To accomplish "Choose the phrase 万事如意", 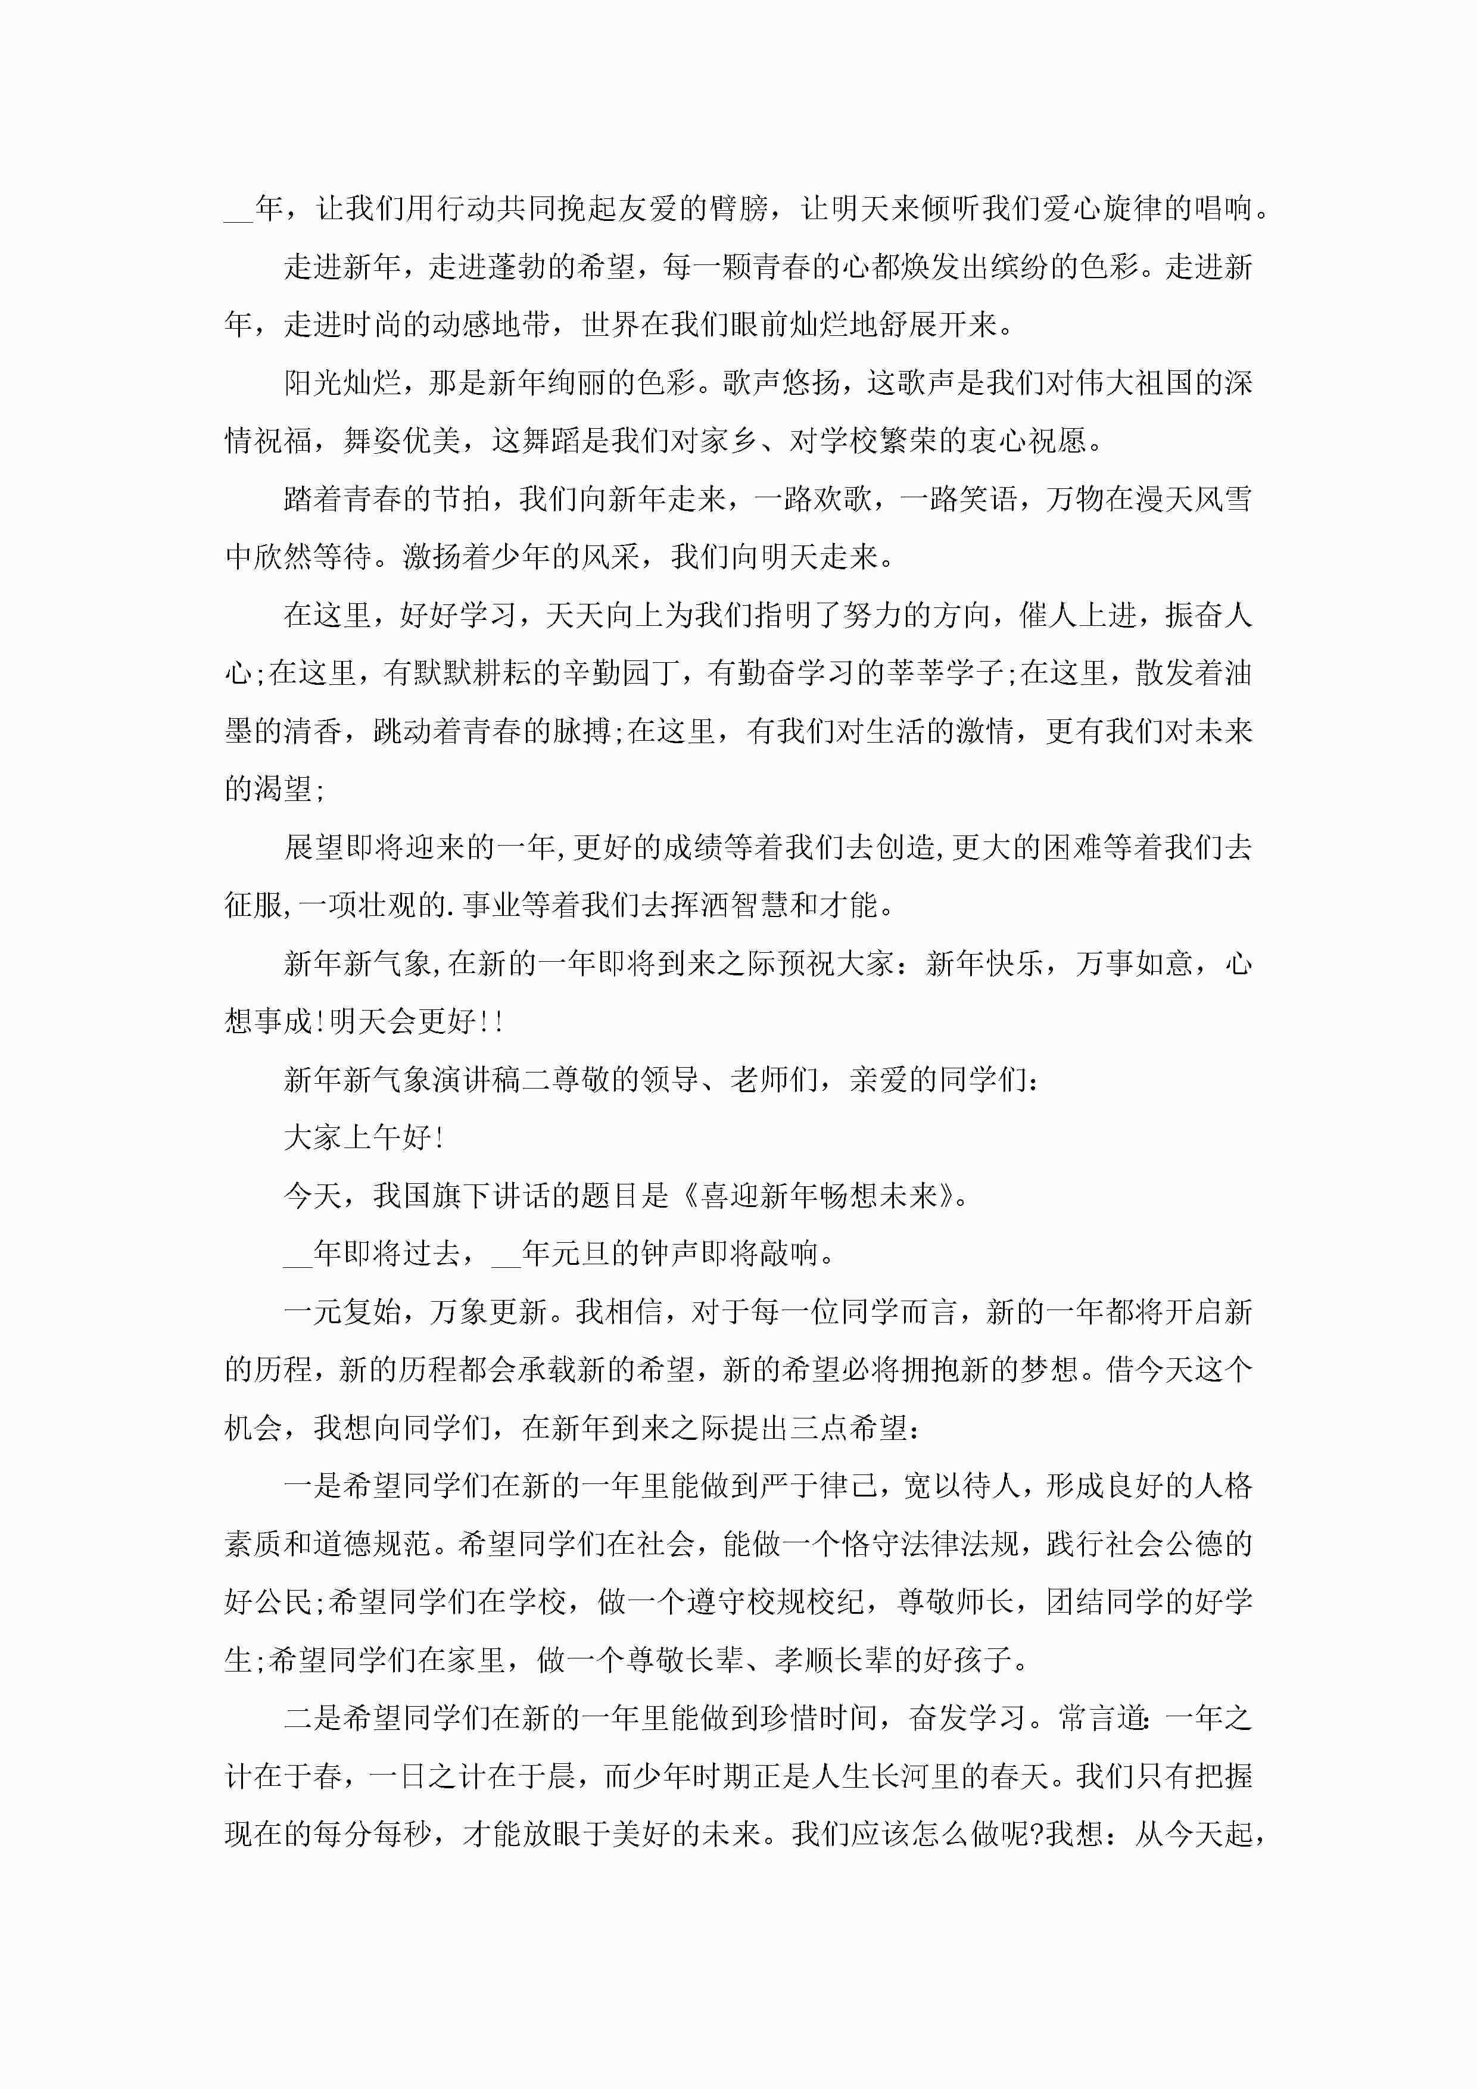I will (1133, 964).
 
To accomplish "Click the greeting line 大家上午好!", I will (364, 1137).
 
